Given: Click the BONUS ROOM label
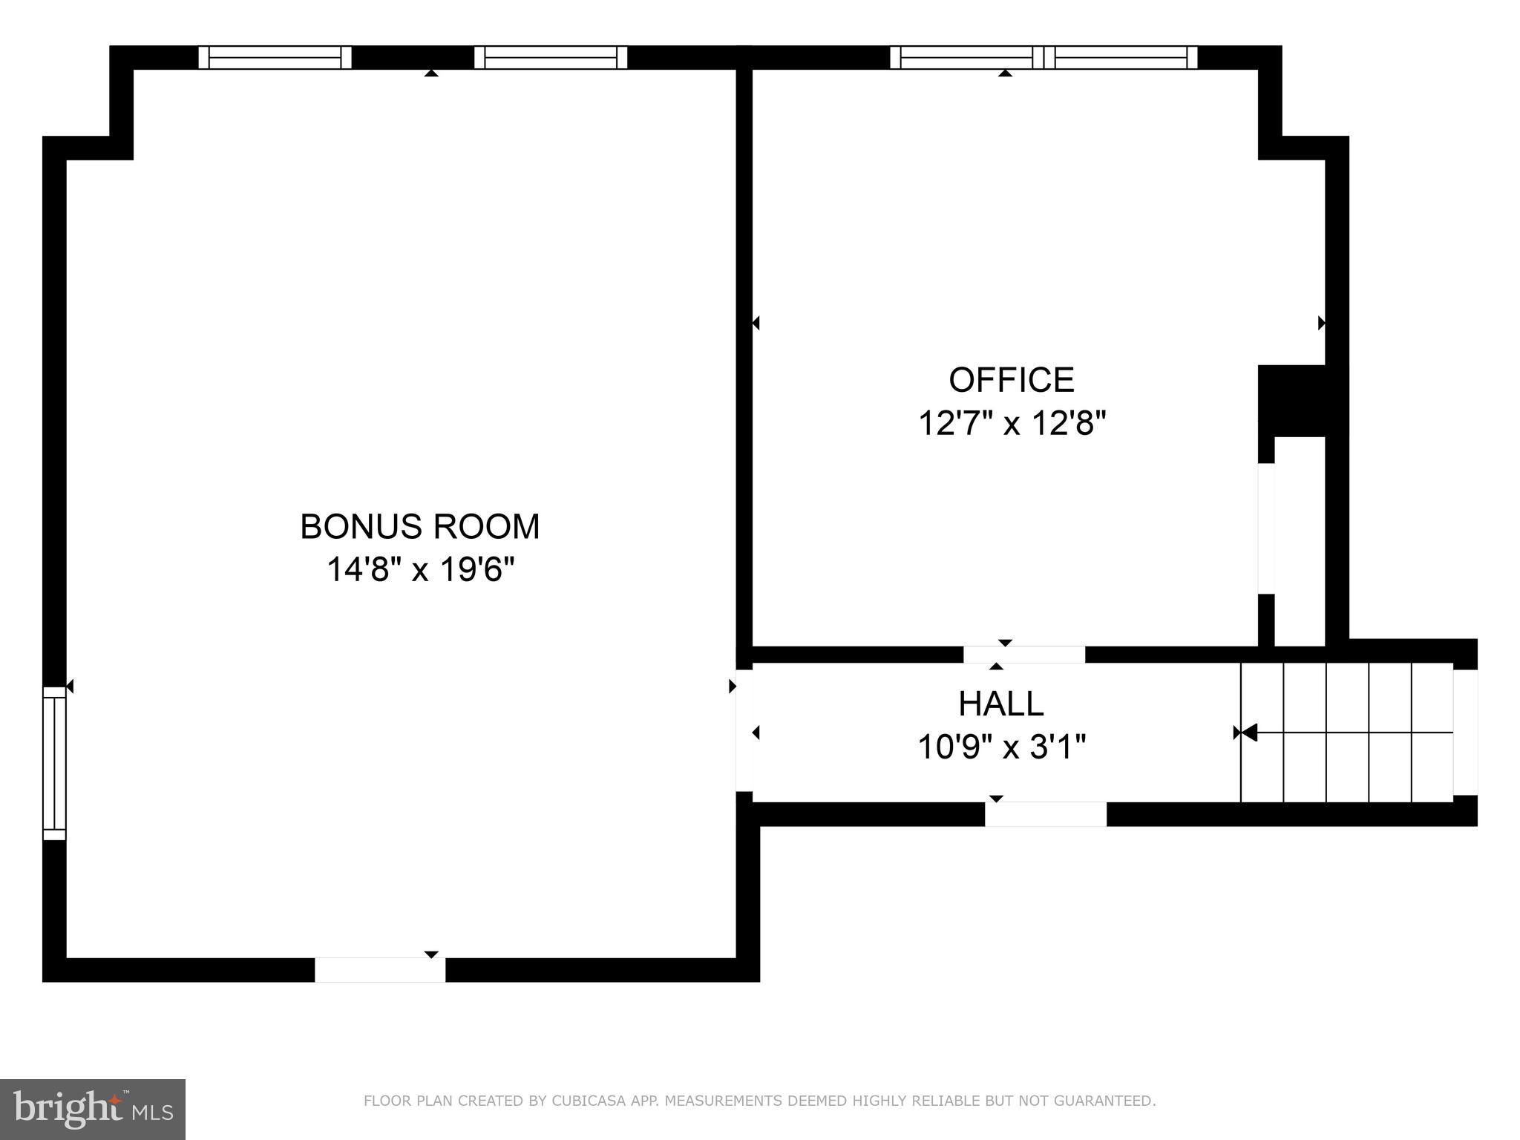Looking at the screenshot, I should coord(419,526).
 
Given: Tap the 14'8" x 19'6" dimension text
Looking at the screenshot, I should coord(420,570).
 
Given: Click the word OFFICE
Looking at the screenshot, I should coord(1011,380).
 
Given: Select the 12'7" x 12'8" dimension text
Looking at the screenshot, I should coord(1012,424).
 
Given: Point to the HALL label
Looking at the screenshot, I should coord(1000,704).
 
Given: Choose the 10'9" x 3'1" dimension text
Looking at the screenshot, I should coord(1001,747).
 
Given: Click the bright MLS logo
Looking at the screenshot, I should coord(92,1109).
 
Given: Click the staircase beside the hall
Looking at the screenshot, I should coord(1346,733).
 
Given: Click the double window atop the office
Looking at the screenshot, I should coord(1043,57).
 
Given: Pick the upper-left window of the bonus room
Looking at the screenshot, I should coord(275,57).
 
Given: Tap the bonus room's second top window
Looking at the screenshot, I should coord(550,57).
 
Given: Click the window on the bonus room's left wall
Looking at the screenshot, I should coord(54,763).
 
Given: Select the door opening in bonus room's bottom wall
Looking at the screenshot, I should coord(380,969).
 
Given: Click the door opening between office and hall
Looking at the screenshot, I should coord(1023,655).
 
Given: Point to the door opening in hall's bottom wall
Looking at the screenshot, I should coord(1045,813).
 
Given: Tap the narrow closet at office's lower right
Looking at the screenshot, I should coord(1299,542).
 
